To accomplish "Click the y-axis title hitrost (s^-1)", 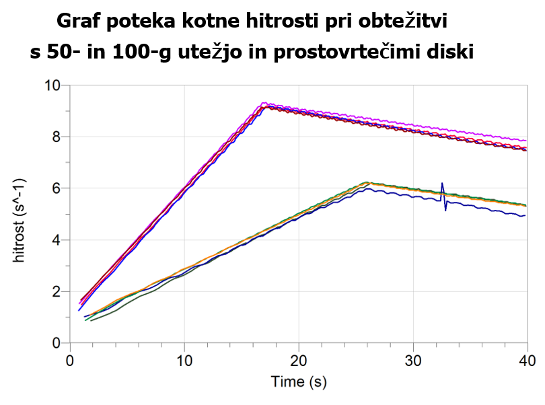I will point(28,213).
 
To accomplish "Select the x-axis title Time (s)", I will point(299,383).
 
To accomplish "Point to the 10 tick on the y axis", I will point(52,86).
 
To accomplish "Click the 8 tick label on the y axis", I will point(57,137).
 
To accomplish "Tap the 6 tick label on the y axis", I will point(57,189).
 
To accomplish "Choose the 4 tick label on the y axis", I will point(57,240).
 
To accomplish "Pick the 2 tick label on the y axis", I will point(57,292).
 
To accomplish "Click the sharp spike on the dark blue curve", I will point(442,184).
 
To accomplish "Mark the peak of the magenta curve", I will point(263,103).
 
